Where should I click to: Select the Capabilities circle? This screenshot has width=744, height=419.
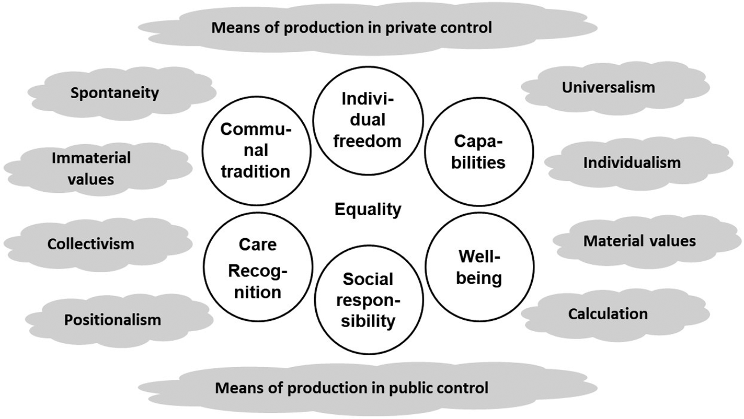[x=479, y=151]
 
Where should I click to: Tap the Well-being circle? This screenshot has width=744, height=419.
[x=479, y=266]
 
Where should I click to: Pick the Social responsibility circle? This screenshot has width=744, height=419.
[x=368, y=300]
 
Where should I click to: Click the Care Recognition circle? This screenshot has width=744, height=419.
[x=257, y=267]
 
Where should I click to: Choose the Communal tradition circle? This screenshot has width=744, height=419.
[x=255, y=150]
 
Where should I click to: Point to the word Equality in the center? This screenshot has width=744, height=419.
[x=368, y=210]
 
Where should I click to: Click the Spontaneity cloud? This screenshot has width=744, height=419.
[x=115, y=93]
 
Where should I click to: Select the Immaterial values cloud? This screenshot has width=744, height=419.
[x=91, y=168]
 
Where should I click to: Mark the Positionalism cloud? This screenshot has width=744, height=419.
[x=112, y=319]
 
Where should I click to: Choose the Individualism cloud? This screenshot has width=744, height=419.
[x=632, y=162]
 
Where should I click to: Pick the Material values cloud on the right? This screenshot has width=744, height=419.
[x=639, y=241]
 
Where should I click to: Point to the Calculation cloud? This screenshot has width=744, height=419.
[x=608, y=313]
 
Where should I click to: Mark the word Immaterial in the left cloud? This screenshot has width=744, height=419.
[x=91, y=157]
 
